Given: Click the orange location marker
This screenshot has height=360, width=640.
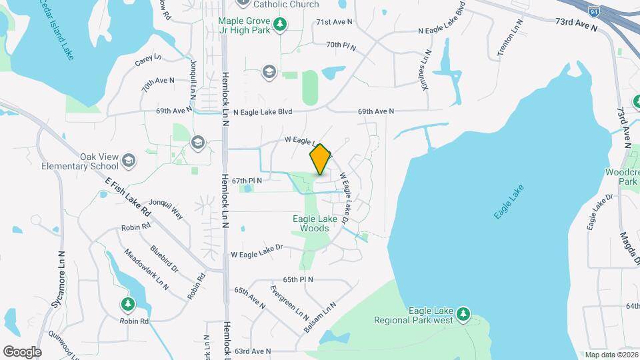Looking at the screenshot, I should [320, 159].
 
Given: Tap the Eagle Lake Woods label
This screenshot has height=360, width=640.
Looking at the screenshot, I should [311, 223].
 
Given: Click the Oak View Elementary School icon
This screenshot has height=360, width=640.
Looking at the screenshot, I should [129, 161].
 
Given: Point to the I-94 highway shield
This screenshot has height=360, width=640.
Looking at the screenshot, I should [594, 11].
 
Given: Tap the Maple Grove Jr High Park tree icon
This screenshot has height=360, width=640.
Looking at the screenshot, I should [281, 25].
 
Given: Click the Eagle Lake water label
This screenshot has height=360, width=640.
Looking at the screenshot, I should [509, 201].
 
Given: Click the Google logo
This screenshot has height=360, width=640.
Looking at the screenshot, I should [22, 351].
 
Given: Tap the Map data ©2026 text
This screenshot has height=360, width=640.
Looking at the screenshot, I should [609, 354].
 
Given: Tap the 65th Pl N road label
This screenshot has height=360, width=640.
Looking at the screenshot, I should [298, 279].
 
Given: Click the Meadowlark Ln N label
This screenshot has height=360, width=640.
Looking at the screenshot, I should [147, 269].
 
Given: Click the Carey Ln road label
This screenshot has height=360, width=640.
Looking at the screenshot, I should [148, 59].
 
